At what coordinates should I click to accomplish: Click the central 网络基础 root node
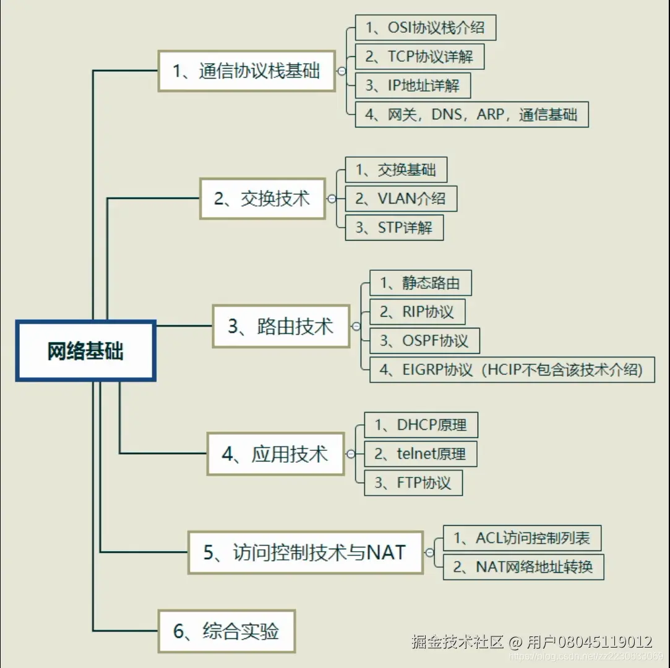pos(85,351)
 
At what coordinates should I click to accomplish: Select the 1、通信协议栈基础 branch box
pos(246,71)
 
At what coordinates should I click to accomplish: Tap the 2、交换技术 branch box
pos(262,199)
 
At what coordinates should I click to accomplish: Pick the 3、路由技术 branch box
pos(281,326)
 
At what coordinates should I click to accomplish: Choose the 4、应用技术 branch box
pos(275,454)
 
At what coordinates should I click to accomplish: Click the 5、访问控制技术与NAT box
pos(305,552)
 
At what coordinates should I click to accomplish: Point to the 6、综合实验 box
pos(226,631)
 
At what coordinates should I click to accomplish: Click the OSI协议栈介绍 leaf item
pos(425,28)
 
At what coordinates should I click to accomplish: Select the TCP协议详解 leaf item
pos(419,57)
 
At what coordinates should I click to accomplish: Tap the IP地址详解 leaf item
pos(413,85)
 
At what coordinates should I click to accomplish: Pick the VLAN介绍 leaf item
pos(400,199)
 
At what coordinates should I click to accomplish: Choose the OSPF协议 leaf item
pos(424,341)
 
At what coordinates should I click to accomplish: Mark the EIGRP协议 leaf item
pos(512,370)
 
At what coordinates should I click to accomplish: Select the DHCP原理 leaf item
pos(421,425)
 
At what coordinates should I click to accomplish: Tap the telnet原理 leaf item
pos(420,454)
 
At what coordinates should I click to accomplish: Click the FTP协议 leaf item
pos(413,482)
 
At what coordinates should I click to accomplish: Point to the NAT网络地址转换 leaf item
pos(523,567)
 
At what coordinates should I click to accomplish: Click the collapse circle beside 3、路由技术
pos(356,327)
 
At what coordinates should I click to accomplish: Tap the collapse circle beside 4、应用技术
pos(351,454)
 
